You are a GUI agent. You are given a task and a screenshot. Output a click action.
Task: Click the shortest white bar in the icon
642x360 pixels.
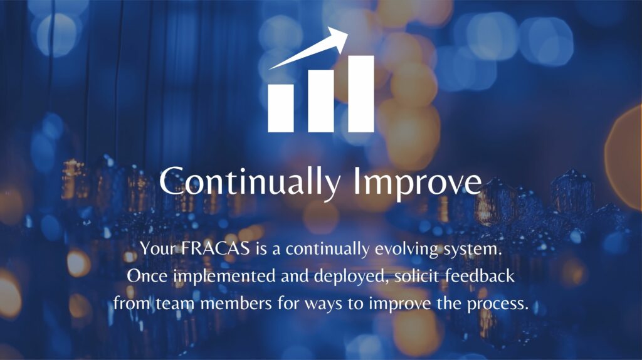coord(280,108)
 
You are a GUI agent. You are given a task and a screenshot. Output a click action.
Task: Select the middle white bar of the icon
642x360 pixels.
coord(321,100)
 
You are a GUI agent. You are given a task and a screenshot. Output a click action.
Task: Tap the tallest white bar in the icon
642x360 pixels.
coord(361,93)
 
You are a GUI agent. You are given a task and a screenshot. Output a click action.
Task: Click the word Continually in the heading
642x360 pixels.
coord(250,181)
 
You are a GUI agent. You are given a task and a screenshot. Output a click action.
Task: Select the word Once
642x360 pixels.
coord(145,277)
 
